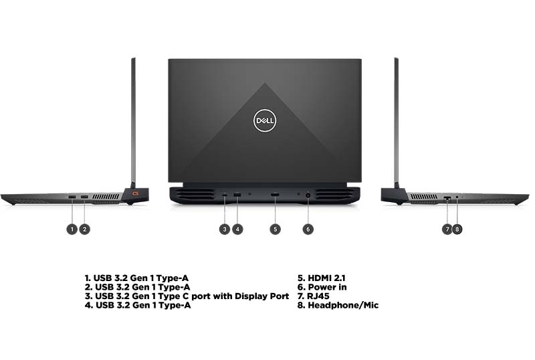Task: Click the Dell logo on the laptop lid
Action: [x=265, y=121]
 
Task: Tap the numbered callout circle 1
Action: [x=72, y=229]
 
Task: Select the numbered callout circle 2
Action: [x=84, y=229]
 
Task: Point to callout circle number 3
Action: [x=225, y=229]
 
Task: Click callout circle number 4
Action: [x=237, y=229]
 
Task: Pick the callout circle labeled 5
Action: [x=275, y=229]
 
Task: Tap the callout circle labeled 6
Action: [x=308, y=229]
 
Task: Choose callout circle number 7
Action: [x=447, y=229]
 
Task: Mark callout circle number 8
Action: [x=457, y=229]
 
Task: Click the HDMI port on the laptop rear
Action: [x=275, y=195]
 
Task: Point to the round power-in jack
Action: [x=308, y=195]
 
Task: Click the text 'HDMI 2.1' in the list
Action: [x=322, y=278]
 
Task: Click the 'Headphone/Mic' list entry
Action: [x=338, y=306]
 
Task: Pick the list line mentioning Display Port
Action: [x=187, y=296]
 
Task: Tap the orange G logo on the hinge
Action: [x=136, y=194]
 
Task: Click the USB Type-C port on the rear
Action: [x=225, y=195]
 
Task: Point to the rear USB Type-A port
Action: [x=237, y=195]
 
